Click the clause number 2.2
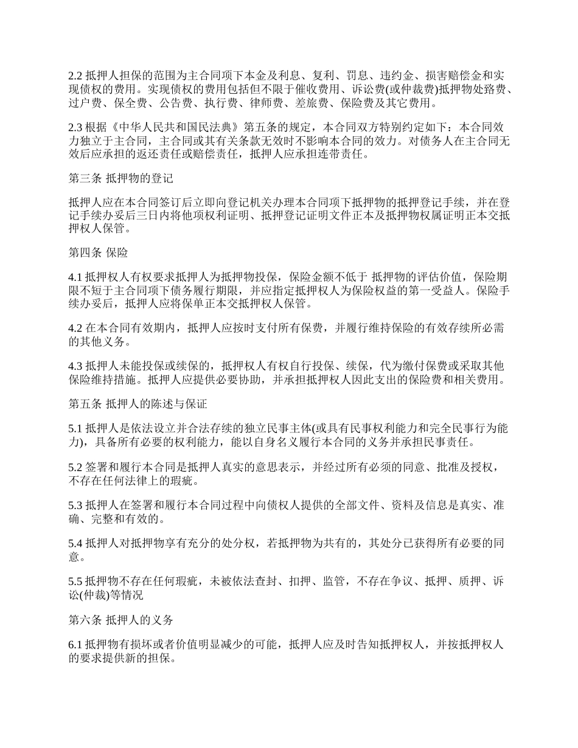[75, 76]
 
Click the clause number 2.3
[75, 128]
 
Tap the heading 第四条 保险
[98, 252]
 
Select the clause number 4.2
[75, 329]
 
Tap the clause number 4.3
[75, 367]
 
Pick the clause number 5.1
[75, 428]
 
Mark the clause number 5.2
[75, 467]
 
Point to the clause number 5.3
[75, 505]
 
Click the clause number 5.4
[75, 543]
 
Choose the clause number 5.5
[75, 581]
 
